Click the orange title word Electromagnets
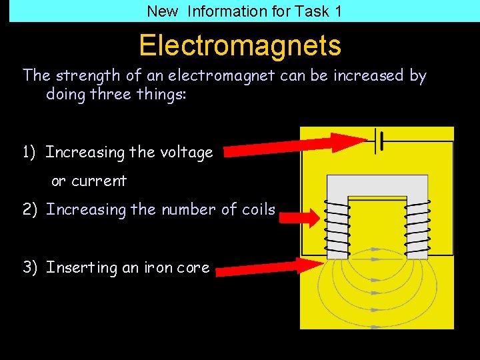click(240, 45)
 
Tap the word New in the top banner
click(162, 11)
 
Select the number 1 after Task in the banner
click(338, 11)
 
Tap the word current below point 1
click(99, 181)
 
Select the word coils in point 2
click(258, 209)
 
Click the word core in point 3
click(193, 267)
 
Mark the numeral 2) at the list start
click(30, 210)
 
